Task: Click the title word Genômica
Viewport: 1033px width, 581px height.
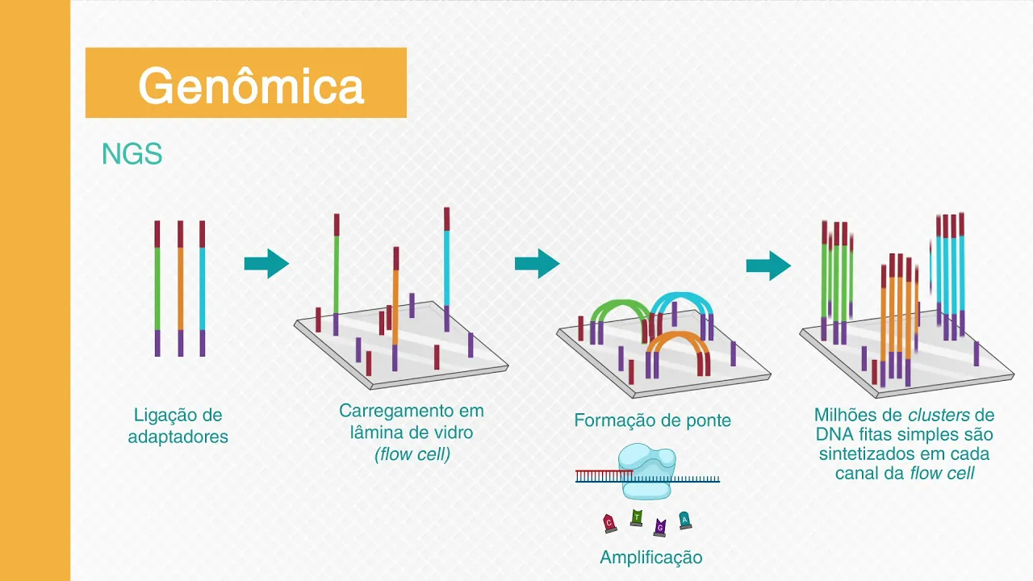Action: click(x=251, y=85)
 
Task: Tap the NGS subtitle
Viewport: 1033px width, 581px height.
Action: click(x=132, y=154)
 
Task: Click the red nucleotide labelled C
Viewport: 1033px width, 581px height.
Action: click(x=610, y=524)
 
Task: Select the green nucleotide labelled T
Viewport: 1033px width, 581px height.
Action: click(x=637, y=517)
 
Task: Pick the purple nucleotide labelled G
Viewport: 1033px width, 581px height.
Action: click(x=660, y=527)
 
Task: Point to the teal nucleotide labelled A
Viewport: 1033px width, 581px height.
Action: click(x=684, y=520)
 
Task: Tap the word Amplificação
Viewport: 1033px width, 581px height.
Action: click(x=651, y=558)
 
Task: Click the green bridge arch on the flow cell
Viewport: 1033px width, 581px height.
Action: click(x=620, y=307)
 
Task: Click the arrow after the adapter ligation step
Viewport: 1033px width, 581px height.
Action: click(x=266, y=263)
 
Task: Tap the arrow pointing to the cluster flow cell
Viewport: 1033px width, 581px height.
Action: click(x=768, y=265)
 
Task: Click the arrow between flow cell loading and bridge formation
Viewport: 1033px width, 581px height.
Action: click(x=537, y=263)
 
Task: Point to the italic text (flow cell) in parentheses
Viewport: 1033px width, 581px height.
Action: click(x=412, y=454)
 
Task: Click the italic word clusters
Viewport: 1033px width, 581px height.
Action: click(x=939, y=416)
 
